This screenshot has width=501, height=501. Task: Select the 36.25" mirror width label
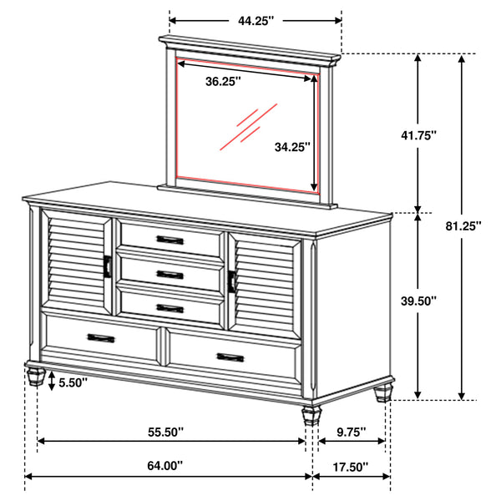click(x=223, y=81)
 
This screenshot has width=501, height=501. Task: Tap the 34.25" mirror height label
click(x=292, y=147)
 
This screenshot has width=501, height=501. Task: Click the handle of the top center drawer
click(x=170, y=240)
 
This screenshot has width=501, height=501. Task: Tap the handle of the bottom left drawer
click(x=100, y=337)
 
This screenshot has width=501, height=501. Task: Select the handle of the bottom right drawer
click(x=231, y=357)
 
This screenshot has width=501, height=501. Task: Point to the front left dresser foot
click(x=35, y=374)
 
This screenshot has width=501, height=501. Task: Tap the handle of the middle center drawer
click(x=170, y=274)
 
